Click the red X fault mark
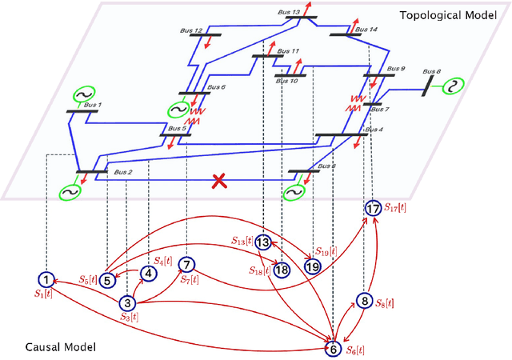coord(218,181)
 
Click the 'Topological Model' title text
coord(453,15)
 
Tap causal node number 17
coord(373,208)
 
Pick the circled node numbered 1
coord(47,279)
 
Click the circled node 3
coord(127,303)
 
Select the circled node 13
coord(263,242)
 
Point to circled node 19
coord(312,266)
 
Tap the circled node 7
coord(186,265)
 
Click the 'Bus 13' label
coord(290,13)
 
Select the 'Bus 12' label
coord(191,31)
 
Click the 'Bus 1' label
coord(93,105)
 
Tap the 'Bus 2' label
coord(122,172)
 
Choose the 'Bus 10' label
coord(288,81)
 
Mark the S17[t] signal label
coord(395,207)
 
